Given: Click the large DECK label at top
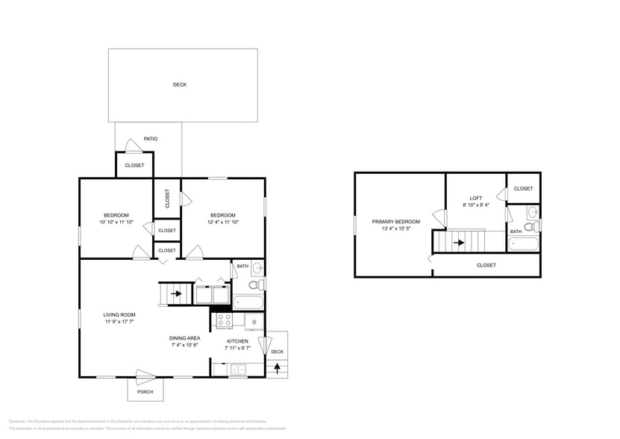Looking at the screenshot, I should pos(180,84).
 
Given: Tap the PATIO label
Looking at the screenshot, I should pos(151,139).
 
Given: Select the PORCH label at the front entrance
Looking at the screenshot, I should pos(145,392).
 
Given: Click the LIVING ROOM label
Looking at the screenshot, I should pos(119,314).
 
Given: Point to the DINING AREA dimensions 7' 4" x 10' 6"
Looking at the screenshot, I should pos(184,346).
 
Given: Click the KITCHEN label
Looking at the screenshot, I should pos(238,341).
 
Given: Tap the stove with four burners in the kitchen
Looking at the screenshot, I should pos(224,320).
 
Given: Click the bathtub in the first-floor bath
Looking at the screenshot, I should pos(248,302).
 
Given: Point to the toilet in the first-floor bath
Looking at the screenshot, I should pos(254,284).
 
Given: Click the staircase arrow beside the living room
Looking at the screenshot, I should pos(176,293).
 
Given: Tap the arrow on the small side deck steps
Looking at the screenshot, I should pos(277,367).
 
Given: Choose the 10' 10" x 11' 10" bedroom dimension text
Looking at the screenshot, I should pos(116,222).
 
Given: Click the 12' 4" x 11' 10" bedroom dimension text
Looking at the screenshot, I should pos(222,222).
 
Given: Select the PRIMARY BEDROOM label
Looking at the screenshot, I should pos(396,222).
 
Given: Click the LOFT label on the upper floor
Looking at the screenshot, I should pos(476,198).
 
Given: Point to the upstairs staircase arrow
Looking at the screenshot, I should pos(459,242).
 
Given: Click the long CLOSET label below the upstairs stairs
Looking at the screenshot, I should pos(486,265).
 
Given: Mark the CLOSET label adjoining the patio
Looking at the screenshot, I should pos(135,165).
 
